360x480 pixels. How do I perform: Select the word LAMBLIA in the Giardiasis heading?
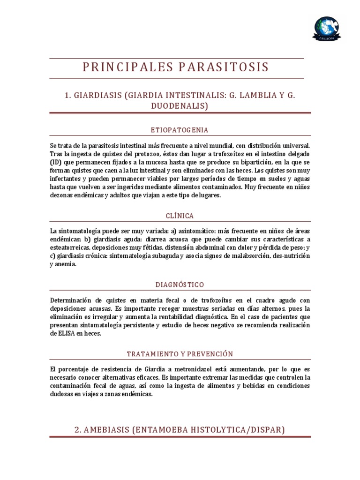pyautogui.click(x=257, y=96)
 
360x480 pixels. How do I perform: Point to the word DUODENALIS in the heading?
pyautogui.click(x=180, y=106)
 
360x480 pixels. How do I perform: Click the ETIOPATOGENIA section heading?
pyautogui.click(x=180, y=130)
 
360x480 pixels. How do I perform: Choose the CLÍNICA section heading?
pyautogui.click(x=180, y=216)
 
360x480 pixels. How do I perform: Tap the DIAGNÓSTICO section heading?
pyautogui.click(x=180, y=285)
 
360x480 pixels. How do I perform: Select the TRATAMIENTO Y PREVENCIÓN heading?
pyautogui.click(x=180, y=353)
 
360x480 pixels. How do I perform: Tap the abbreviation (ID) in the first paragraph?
pyautogui.click(x=54, y=162)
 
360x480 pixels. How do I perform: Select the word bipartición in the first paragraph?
pyautogui.click(x=239, y=162)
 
